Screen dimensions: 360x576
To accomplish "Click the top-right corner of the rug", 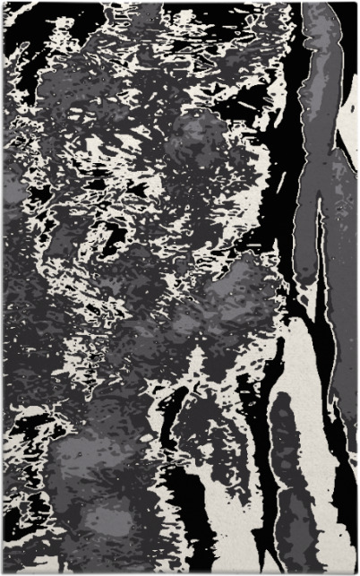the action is tap(356, 3).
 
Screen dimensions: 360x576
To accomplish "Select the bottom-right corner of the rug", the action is tap(356, 572).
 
